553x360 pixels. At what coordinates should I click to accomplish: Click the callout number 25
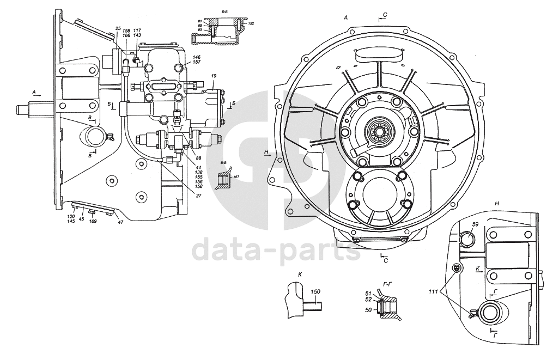tap(118, 28)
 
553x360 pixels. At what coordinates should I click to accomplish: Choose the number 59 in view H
tap(475, 224)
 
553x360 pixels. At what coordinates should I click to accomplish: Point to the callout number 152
tap(251, 24)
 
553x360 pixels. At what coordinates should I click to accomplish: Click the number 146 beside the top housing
tap(196, 57)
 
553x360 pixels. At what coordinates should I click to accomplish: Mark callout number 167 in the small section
tap(235, 178)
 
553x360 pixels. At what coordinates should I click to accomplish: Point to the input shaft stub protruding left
tap(32, 109)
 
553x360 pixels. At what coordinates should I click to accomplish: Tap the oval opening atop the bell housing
tap(379, 55)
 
